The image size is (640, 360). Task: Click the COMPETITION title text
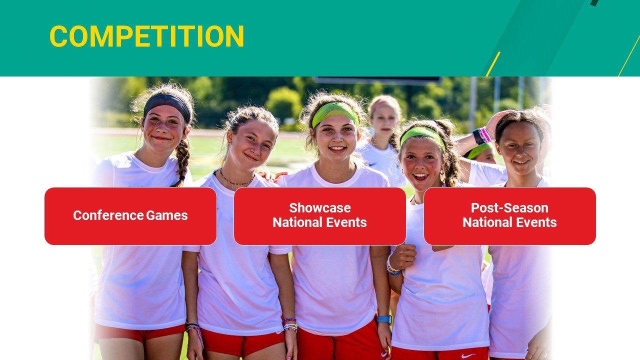pos(146,36)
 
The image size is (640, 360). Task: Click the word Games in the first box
pos(167,215)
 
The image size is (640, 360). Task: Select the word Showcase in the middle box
pos(320,208)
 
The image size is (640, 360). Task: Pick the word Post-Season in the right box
pos(509,208)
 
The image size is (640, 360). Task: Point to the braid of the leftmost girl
pos(182,160)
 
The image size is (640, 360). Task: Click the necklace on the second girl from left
pos(237,181)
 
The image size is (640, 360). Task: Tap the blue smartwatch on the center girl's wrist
pos(383,319)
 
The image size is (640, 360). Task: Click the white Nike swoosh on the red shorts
pos(468,355)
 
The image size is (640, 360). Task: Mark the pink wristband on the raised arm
pos(484,134)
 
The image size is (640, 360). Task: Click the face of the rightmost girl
pos(520,147)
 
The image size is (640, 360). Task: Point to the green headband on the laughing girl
pos(422,134)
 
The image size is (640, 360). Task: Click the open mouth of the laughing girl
pos(420,176)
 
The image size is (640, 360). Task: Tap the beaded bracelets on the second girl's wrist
pos(290,325)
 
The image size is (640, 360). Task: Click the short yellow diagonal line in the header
pos(493,63)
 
